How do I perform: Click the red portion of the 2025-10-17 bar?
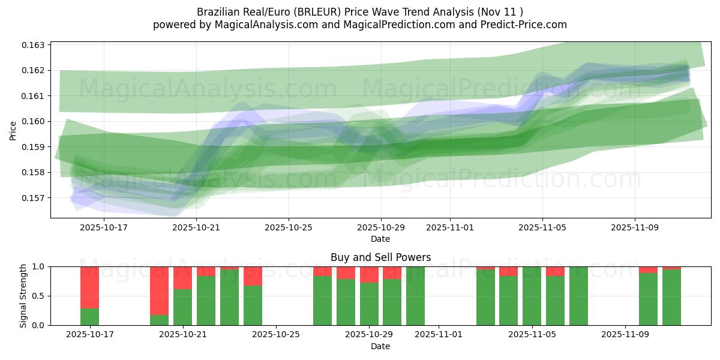[89, 287]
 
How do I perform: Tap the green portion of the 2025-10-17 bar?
[89, 317]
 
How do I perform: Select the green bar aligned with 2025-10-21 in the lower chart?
[182, 307]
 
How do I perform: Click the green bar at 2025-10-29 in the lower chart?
[369, 304]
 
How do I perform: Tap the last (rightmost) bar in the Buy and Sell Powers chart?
[671, 298]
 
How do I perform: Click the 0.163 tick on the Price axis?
[35, 45]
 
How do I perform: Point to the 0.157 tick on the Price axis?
[35, 198]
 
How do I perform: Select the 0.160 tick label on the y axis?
[35, 121]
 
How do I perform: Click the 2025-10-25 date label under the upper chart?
[289, 228]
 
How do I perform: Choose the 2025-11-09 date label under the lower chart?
[625, 335]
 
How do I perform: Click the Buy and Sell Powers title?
[380, 257]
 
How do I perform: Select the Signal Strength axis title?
[23, 296]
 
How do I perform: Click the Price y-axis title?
[13, 130]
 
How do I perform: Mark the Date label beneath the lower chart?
[380, 346]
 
